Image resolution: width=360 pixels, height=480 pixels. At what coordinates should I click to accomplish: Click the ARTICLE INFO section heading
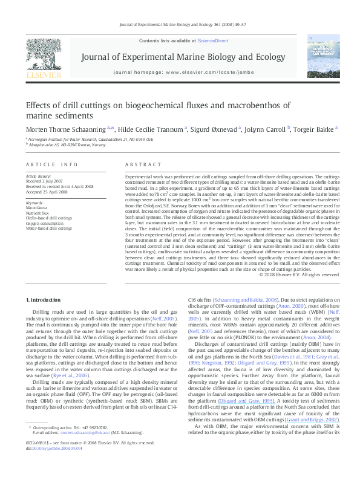click(51, 164)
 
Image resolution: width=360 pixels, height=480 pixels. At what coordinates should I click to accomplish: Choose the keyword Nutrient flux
click(38, 212)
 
